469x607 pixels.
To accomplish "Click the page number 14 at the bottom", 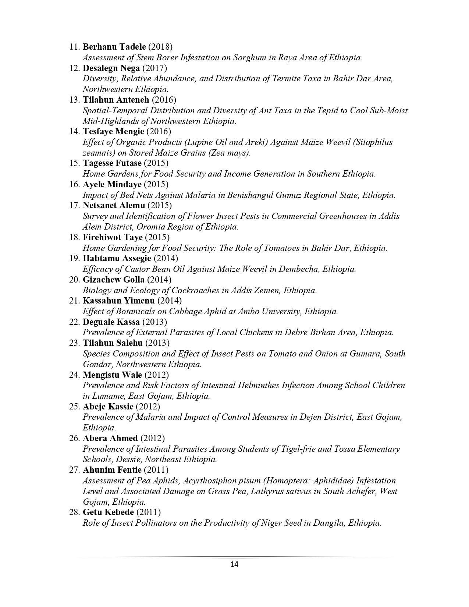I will [234, 564].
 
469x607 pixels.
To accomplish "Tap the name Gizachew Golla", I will [114, 280].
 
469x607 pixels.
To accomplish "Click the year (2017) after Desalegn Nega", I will [154, 68].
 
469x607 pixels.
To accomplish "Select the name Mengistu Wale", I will [113, 375].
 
